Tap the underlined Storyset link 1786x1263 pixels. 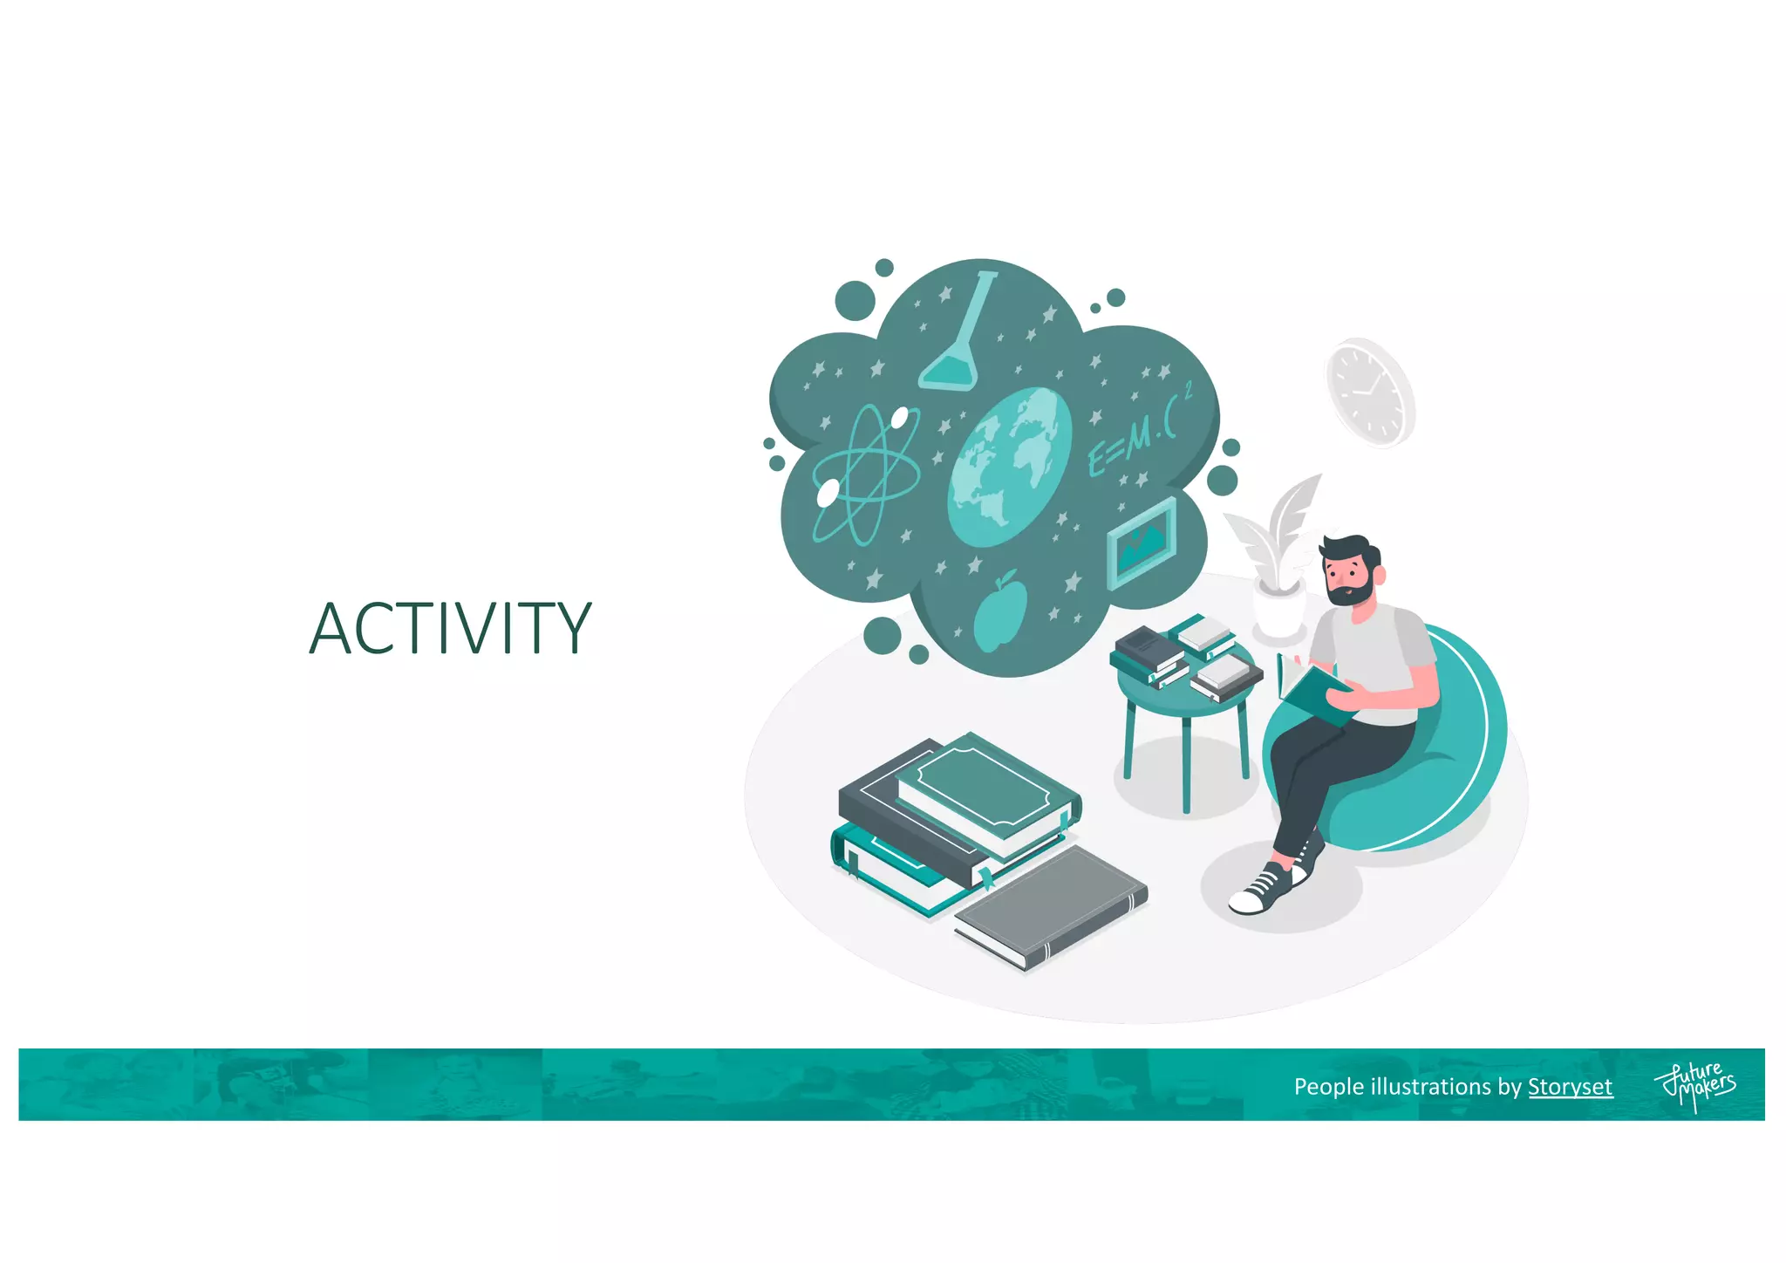[1570, 1087]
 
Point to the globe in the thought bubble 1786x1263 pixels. [1009, 467]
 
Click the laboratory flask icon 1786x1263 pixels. [958, 340]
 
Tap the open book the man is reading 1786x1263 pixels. [1312, 690]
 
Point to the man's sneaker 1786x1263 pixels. [1265, 890]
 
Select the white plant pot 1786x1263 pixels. [1278, 611]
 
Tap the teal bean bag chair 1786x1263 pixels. [1430, 768]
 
